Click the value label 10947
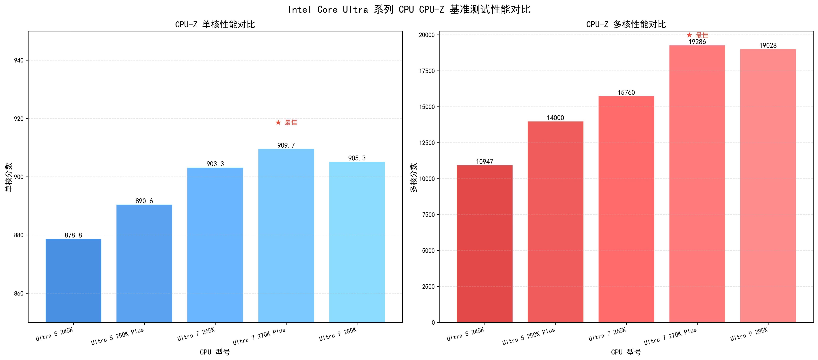[x=485, y=162]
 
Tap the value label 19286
[x=697, y=42]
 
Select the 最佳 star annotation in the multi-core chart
[x=697, y=35]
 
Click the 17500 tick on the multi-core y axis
[x=427, y=71]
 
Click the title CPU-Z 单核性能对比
[x=215, y=24]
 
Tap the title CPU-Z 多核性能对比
[x=626, y=24]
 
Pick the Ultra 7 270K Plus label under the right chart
[x=670, y=336]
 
